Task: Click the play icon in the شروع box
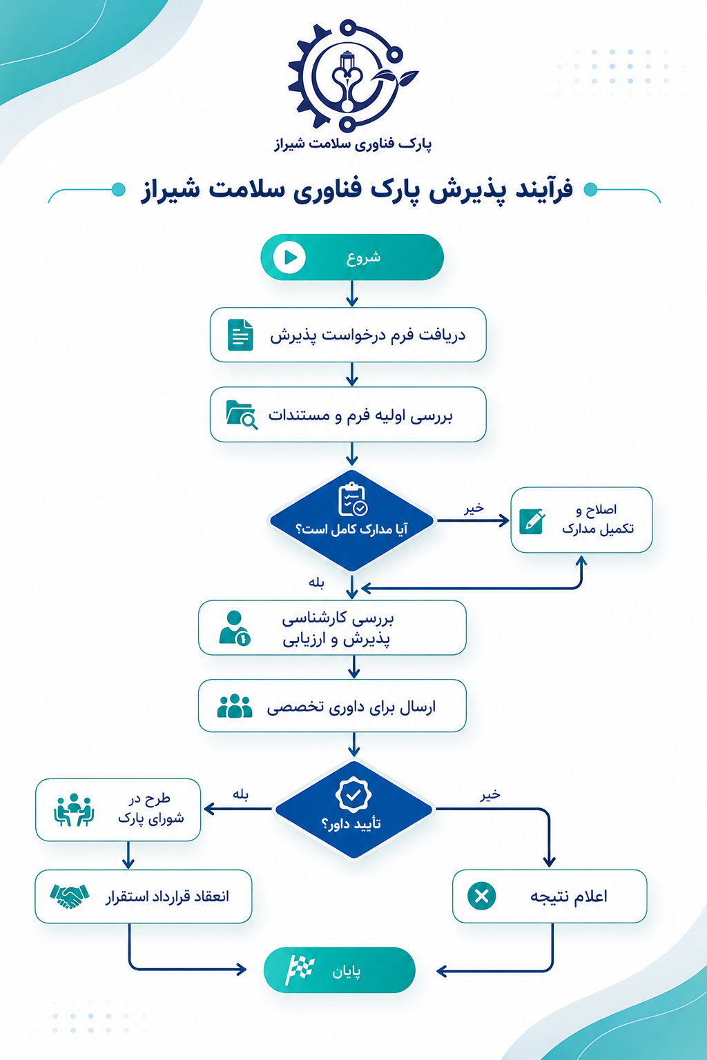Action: pyautogui.click(x=289, y=257)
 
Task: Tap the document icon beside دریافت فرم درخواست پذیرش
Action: pyautogui.click(x=240, y=335)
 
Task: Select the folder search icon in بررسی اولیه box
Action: pyautogui.click(x=242, y=415)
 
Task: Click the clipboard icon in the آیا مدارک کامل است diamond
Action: pyautogui.click(x=353, y=499)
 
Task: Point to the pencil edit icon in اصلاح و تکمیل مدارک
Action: pyautogui.click(x=532, y=522)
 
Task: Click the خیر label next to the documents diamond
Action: pyautogui.click(x=474, y=508)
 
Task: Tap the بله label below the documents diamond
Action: pyautogui.click(x=316, y=582)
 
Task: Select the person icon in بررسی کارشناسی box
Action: pyautogui.click(x=235, y=628)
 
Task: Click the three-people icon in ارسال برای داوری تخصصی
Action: pyautogui.click(x=235, y=706)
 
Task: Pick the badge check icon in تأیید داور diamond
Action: pyautogui.click(x=353, y=795)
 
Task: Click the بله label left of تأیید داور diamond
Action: pyautogui.click(x=240, y=794)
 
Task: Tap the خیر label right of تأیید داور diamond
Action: pyautogui.click(x=490, y=794)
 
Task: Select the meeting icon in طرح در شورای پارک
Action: pyautogui.click(x=73, y=809)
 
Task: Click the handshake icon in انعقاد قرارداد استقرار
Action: pyautogui.click(x=70, y=896)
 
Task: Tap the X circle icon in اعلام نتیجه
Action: pyautogui.click(x=482, y=896)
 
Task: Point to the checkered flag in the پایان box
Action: pyautogui.click(x=300, y=970)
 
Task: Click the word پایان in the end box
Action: pyautogui.click(x=346, y=972)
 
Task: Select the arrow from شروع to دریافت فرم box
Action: pyautogui.click(x=352, y=293)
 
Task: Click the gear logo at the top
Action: pyautogui.click(x=352, y=76)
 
